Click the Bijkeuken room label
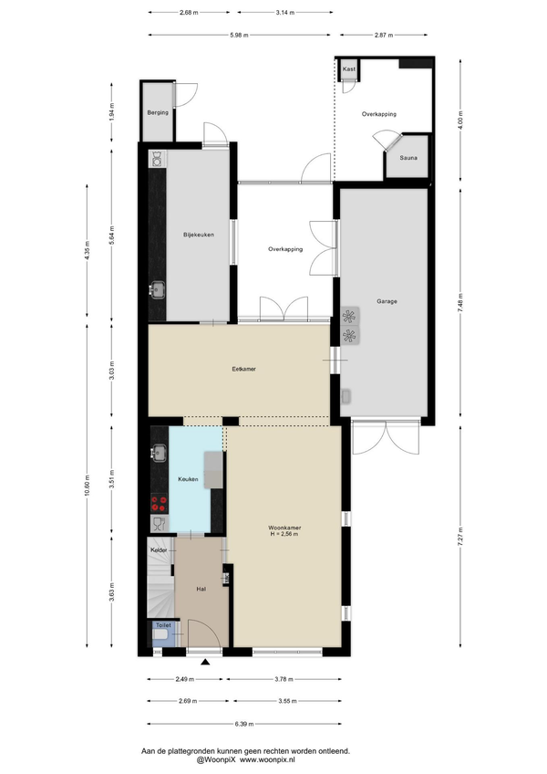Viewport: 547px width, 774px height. (x=198, y=235)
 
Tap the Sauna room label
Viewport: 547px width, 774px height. (x=408, y=158)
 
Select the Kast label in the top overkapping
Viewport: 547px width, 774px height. (x=349, y=69)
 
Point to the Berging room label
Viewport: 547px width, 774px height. (x=158, y=112)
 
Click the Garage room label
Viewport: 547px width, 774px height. (x=387, y=301)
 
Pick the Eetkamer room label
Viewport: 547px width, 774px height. (x=244, y=369)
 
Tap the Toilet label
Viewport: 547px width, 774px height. (x=163, y=625)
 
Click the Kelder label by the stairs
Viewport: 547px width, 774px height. (x=159, y=549)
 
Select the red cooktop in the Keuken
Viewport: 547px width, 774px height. (x=160, y=504)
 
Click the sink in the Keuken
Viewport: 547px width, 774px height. (x=159, y=453)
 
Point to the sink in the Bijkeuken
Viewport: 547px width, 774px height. (x=158, y=289)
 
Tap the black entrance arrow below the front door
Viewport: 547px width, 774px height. (x=205, y=663)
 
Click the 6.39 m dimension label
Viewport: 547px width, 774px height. (x=244, y=724)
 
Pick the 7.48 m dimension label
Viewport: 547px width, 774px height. (x=460, y=302)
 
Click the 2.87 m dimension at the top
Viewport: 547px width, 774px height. (x=384, y=35)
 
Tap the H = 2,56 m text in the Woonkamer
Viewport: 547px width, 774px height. (x=284, y=534)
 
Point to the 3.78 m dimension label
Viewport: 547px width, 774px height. (x=284, y=679)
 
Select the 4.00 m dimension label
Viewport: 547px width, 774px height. (x=460, y=120)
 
